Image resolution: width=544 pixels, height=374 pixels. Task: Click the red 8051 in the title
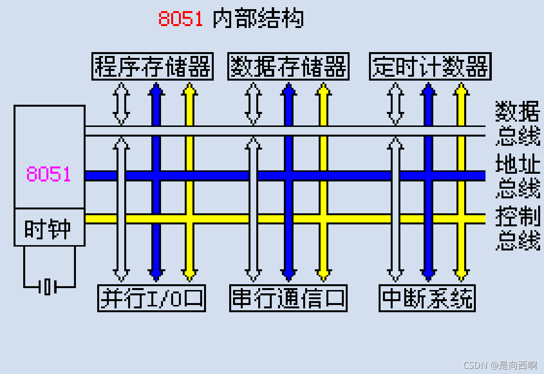[x=181, y=19]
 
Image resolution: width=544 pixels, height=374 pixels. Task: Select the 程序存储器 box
[x=153, y=67]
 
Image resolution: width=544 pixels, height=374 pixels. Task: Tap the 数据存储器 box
[x=288, y=67]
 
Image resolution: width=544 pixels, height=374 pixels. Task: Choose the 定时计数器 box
[x=430, y=67]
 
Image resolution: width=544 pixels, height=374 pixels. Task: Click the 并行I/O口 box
[x=152, y=298]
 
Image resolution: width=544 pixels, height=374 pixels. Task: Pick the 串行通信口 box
[x=288, y=298]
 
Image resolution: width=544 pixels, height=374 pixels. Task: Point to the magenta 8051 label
[x=49, y=174]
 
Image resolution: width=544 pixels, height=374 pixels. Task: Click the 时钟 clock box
[x=49, y=228]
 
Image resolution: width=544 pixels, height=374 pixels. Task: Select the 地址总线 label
[x=517, y=176]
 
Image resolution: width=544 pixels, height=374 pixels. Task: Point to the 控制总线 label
[x=517, y=228]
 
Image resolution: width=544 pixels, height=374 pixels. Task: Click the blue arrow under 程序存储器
[x=156, y=104]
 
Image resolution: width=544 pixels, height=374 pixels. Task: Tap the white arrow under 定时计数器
[x=396, y=104]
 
